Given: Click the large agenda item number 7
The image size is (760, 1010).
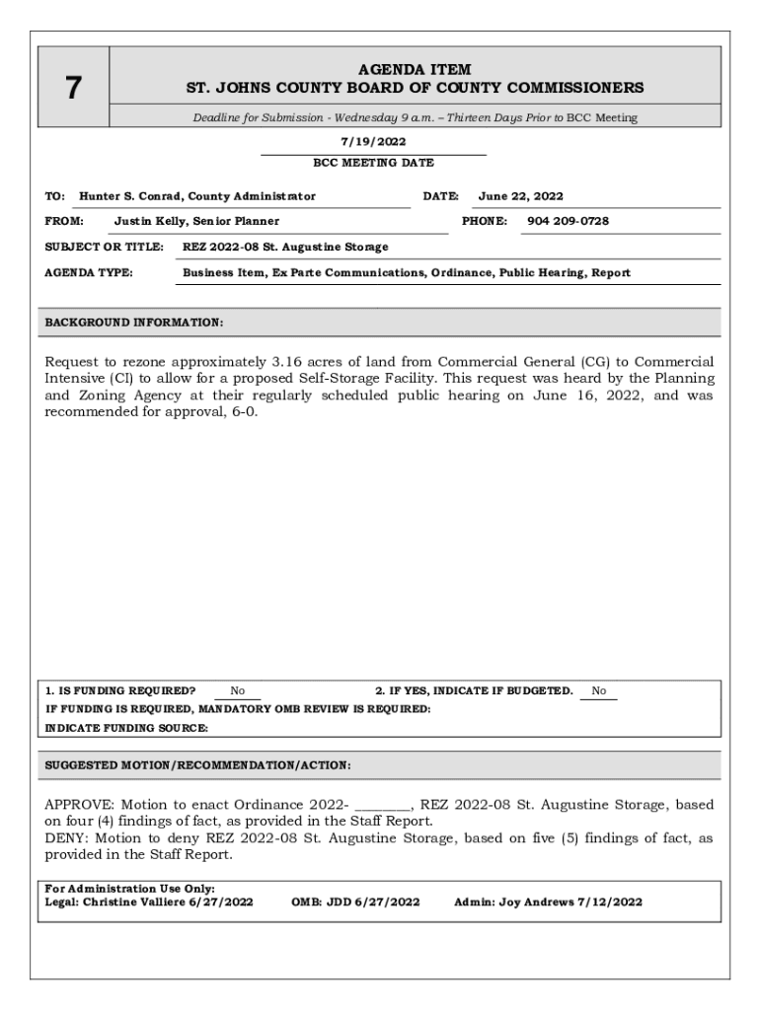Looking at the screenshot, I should (73, 89).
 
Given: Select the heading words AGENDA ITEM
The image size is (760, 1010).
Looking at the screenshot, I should (415, 70).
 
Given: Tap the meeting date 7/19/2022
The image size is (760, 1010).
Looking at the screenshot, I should (373, 142).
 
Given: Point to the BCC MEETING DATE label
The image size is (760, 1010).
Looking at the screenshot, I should (373, 163).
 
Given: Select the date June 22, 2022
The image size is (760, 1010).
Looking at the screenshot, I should (520, 196).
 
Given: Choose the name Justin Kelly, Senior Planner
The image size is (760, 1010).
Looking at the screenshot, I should (196, 221).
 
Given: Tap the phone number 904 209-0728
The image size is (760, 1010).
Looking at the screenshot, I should (568, 221).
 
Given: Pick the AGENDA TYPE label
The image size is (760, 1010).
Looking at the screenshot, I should (89, 272).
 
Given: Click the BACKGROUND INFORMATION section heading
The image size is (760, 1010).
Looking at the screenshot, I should (134, 323).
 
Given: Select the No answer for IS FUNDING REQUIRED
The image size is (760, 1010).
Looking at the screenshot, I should (238, 691).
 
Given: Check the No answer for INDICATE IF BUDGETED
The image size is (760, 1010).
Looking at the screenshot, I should (598, 691).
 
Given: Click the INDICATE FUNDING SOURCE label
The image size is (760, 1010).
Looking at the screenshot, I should (126, 728).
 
